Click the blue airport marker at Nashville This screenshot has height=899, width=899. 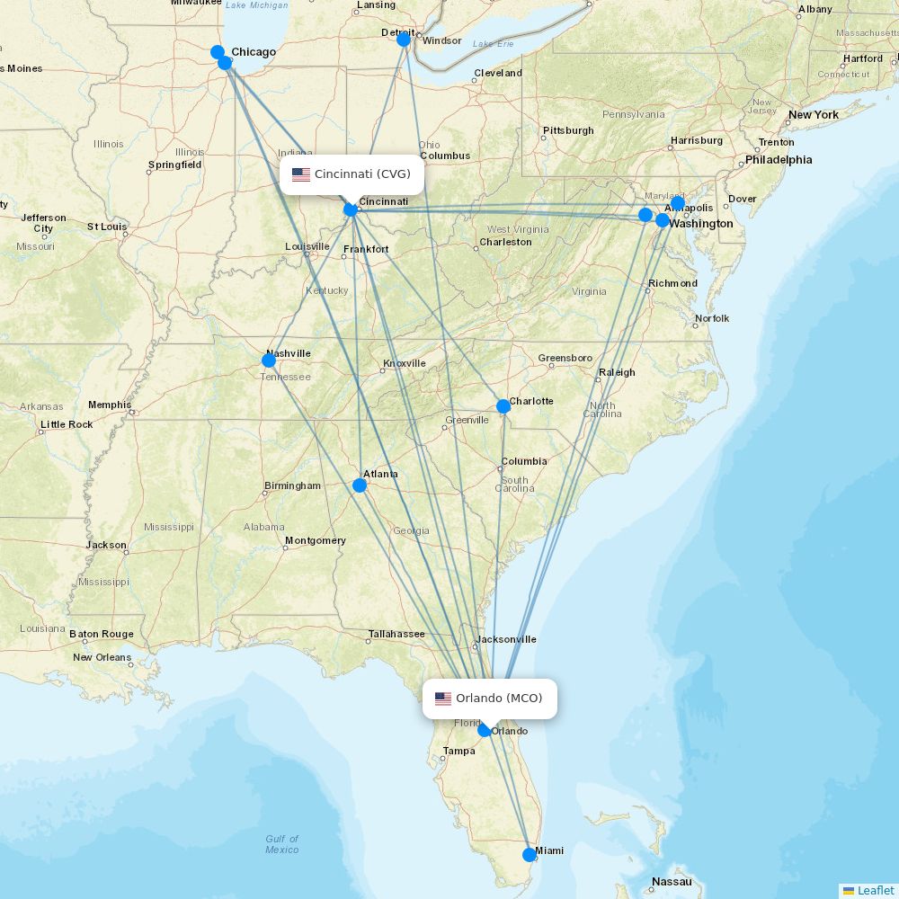click(x=269, y=360)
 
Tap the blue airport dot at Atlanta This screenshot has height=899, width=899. click(x=360, y=485)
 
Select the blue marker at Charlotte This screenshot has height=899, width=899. click(x=503, y=406)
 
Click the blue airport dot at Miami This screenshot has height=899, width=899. click(x=530, y=855)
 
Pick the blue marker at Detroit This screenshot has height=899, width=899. click(x=404, y=40)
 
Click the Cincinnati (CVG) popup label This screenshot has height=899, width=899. click(x=361, y=174)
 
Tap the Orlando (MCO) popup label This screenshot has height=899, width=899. click(x=499, y=699)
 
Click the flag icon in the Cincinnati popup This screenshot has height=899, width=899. click(x=301, y=174)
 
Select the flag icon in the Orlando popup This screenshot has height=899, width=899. click(x=443, y=699)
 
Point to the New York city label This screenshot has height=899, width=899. click(x=813, y=115)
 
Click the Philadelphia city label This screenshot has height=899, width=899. click(x=778, y=160)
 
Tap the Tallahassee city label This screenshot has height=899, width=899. click(x=396, y=634)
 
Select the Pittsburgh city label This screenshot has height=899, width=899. click(x=568, y=130)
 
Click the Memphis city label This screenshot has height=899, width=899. click(x=109, y=405)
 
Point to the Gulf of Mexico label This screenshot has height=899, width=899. click(x=281, y=844)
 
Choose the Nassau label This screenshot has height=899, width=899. click(x=672, y=881)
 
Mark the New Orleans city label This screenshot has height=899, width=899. click(x=102, y=657)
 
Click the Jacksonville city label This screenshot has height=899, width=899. click(x=506, y=639)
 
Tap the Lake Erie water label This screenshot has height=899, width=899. click(x=493, y=43)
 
